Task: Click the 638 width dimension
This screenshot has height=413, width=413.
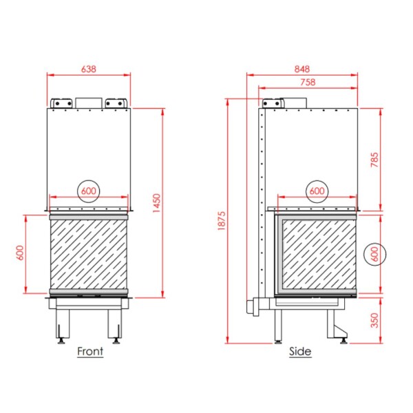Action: (x=89, y=69)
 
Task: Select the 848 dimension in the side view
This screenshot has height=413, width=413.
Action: (x=302, y=69)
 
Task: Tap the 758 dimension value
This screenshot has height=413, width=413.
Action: (x=308, y=82)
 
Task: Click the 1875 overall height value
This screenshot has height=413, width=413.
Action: (x=222, y=221)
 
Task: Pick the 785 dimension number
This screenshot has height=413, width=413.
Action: (x=374, y=160)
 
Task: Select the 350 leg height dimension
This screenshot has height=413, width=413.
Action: (x=374, y=320)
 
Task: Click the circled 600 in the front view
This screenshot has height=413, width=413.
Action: (x=89, y=191)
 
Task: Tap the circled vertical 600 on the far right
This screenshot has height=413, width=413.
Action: (x=374, y=255)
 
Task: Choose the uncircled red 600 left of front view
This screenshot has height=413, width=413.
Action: (x=20, y=253)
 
